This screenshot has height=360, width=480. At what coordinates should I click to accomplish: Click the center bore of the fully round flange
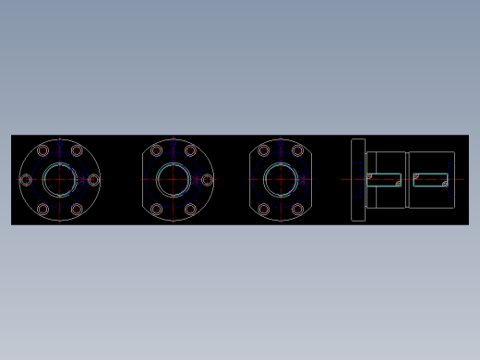click(60, 180)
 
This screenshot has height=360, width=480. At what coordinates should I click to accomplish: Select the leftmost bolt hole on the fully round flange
click(26, 180)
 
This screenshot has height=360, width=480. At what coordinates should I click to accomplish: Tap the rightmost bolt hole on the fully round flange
click(93, 180)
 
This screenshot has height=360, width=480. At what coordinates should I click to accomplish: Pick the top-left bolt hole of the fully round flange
click(42, 150)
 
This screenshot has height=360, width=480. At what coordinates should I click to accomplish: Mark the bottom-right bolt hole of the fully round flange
click(77, 210)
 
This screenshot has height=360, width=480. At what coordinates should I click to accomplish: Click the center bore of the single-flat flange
click(173, 180)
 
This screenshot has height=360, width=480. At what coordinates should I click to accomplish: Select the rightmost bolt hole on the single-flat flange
click(207, 180)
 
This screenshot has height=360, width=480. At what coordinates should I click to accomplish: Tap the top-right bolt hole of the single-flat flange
click(190, 150)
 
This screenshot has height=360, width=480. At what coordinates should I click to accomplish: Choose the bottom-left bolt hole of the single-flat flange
click(156, 210)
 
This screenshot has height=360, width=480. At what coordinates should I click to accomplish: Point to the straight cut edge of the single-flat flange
click(143, 180)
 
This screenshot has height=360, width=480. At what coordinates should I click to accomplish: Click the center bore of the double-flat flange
click(281, 180)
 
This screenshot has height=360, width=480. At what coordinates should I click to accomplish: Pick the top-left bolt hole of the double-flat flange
click(264, 150)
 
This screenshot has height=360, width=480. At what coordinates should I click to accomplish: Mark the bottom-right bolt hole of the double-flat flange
click(297, 210)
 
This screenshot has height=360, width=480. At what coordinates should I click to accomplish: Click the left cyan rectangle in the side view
click(384, 179)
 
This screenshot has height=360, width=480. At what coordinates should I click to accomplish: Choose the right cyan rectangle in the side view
click(430, 179)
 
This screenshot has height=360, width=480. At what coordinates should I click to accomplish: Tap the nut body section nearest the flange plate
click(386, 162)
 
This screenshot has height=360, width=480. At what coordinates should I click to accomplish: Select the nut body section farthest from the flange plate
click(431, 162)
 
